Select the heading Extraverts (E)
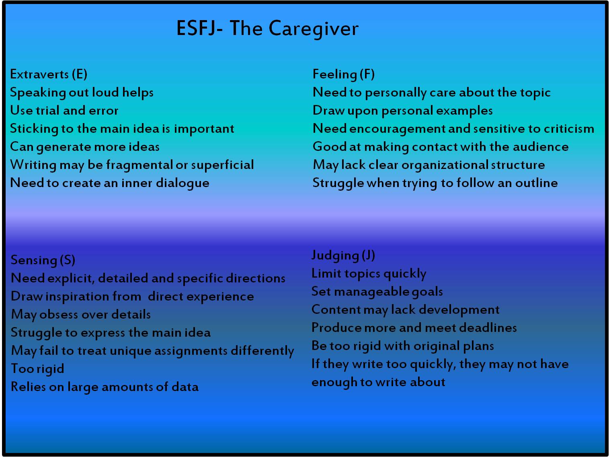[x=49, y=74]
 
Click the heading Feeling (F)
[x=343, y=74]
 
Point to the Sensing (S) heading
[x=43, y=260]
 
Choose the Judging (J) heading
[x=343, y=255]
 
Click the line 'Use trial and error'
[x=64, y=111]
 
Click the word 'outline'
[x=536, y=183]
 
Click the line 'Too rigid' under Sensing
[x=37, y=369]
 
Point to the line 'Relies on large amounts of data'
[x=105, y=387]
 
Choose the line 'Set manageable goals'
[x=377, y=292]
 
